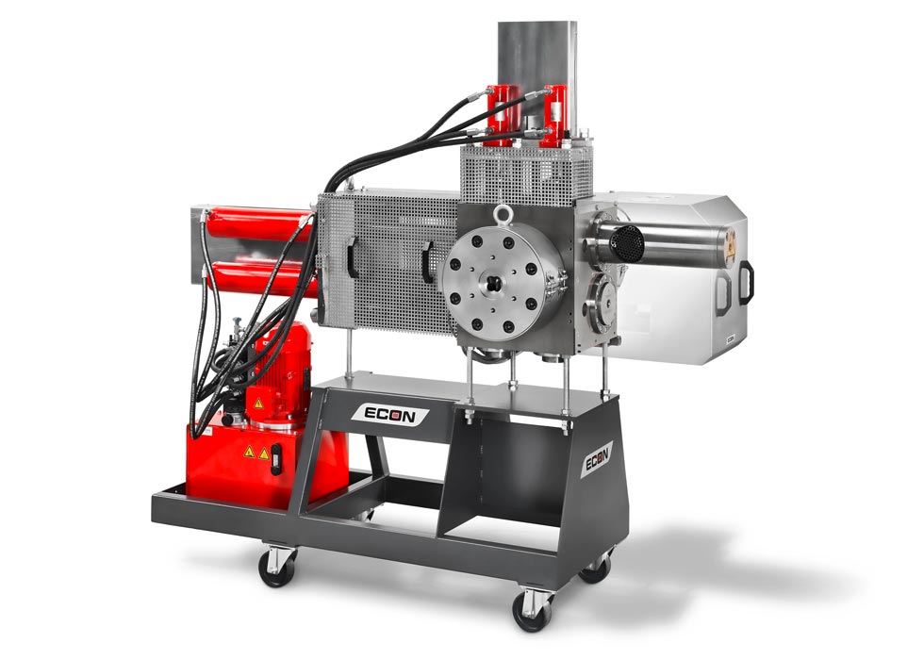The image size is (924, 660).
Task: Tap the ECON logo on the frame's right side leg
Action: pos(596,459)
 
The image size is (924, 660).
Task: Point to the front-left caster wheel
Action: pos(276,567)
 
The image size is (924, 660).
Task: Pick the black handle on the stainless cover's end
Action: pos(746,282)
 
